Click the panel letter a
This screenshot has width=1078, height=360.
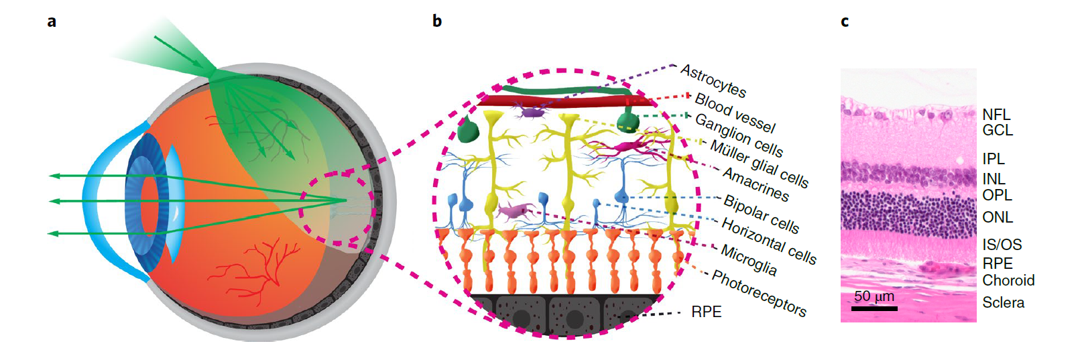(52, 21)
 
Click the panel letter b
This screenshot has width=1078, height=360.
(436, 21)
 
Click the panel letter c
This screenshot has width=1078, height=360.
(844, 21)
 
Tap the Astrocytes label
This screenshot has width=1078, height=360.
(713, 80)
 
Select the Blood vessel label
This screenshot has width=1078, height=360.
(735, 113)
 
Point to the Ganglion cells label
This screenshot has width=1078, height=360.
(739, 134)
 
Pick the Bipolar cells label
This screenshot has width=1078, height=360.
(762, 214)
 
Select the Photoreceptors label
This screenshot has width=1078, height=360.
(759, 293)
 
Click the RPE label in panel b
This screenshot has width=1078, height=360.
(707, 312)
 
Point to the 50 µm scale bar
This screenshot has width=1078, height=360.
(874, 308)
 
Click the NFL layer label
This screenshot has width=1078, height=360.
(996, 115)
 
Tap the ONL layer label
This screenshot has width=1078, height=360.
(998, 217)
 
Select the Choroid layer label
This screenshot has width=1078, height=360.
(1008, 280)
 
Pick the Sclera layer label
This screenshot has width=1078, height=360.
(1003, 302)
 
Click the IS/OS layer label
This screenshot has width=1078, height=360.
(1002, 245)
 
